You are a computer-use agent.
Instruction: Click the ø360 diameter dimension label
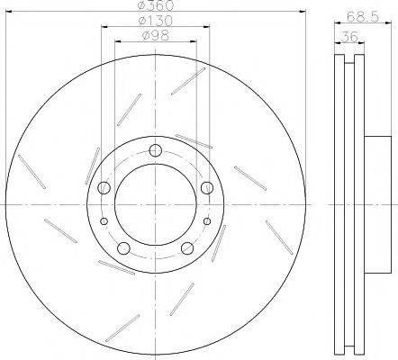tap(155, 4)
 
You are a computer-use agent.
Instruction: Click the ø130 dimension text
tap(155, 21)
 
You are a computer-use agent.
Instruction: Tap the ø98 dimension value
tap(156, 36)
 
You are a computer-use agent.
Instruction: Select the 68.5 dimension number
tap(363, 16)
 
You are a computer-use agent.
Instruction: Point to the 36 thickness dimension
tap(349, 37)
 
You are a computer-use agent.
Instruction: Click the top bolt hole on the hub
tap(156, 150)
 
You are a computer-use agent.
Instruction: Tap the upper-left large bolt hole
tap(104, 188)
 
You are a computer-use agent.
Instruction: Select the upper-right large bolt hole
tap(207, 188)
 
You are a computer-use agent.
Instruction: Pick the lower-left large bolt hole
tap(123, 248)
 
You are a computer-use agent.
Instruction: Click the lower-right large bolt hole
tap(187, 248)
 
